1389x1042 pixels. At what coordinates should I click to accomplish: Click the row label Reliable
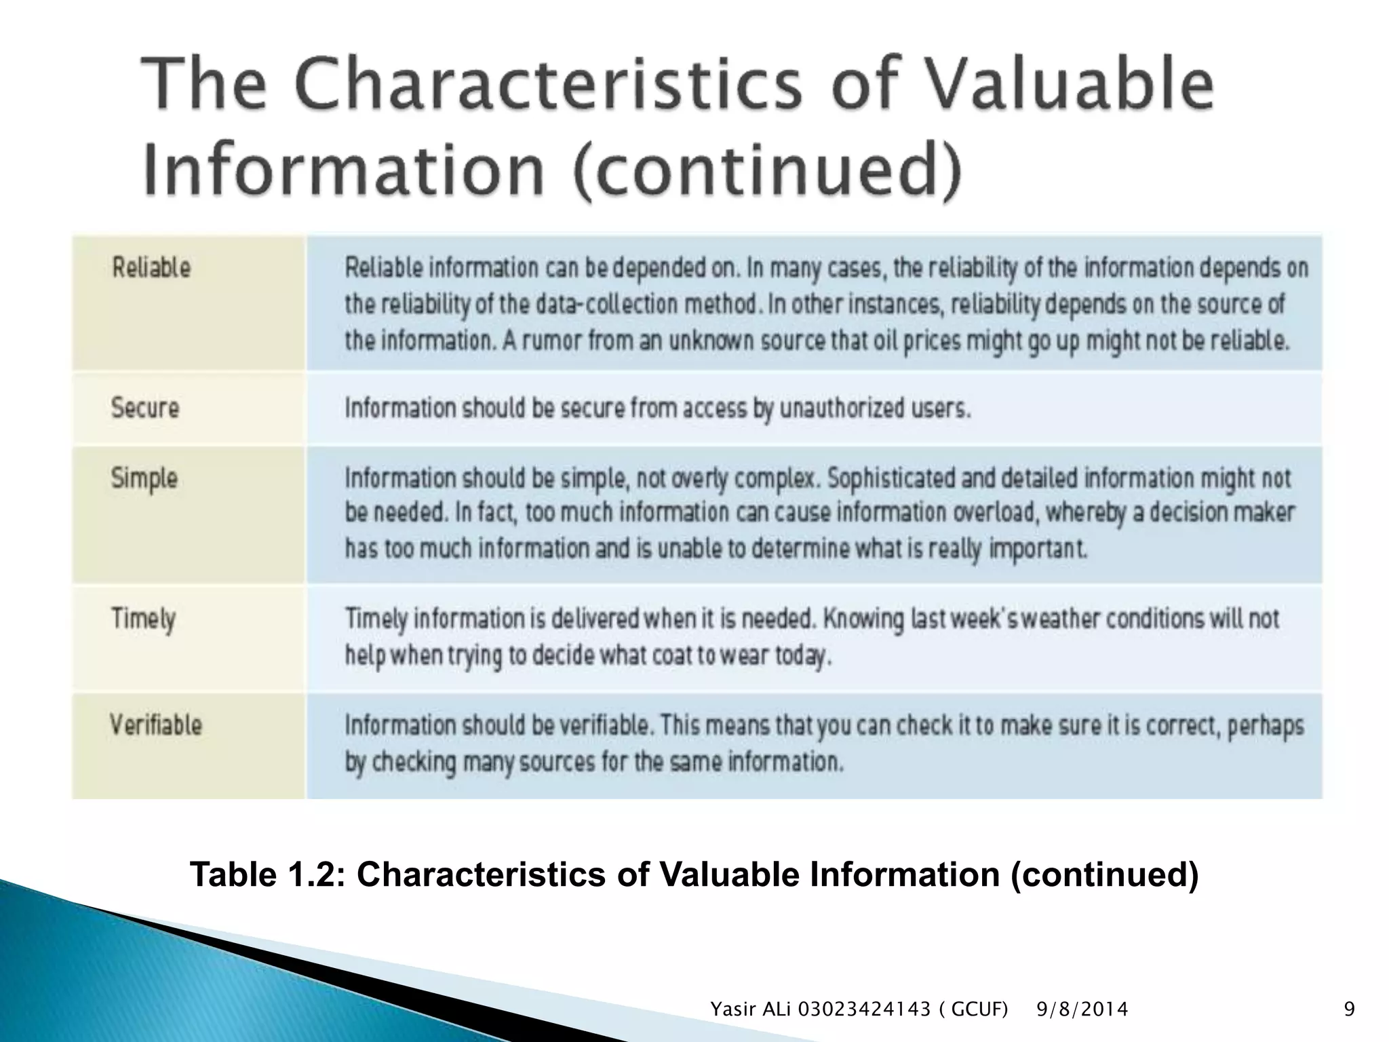151,267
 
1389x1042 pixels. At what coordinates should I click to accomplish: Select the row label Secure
145,408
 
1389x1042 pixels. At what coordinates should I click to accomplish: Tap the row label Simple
144,479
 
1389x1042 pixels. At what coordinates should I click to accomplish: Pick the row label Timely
143,619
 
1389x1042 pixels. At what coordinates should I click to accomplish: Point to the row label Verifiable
156,725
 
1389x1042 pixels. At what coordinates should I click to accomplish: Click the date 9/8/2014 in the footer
1082,1010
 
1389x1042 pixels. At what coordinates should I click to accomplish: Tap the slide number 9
1349,1010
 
